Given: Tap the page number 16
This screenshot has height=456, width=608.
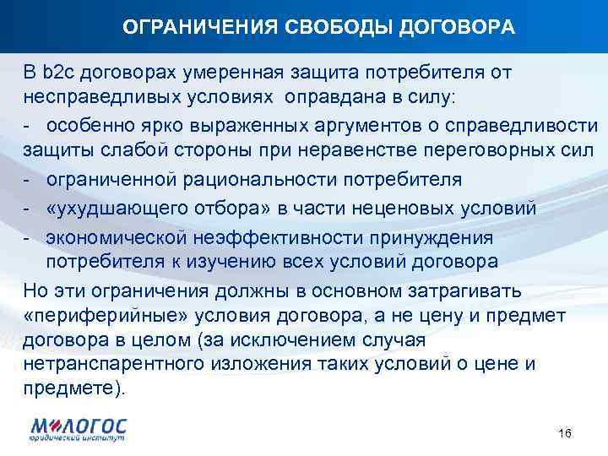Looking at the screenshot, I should (x=565, y=433).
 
